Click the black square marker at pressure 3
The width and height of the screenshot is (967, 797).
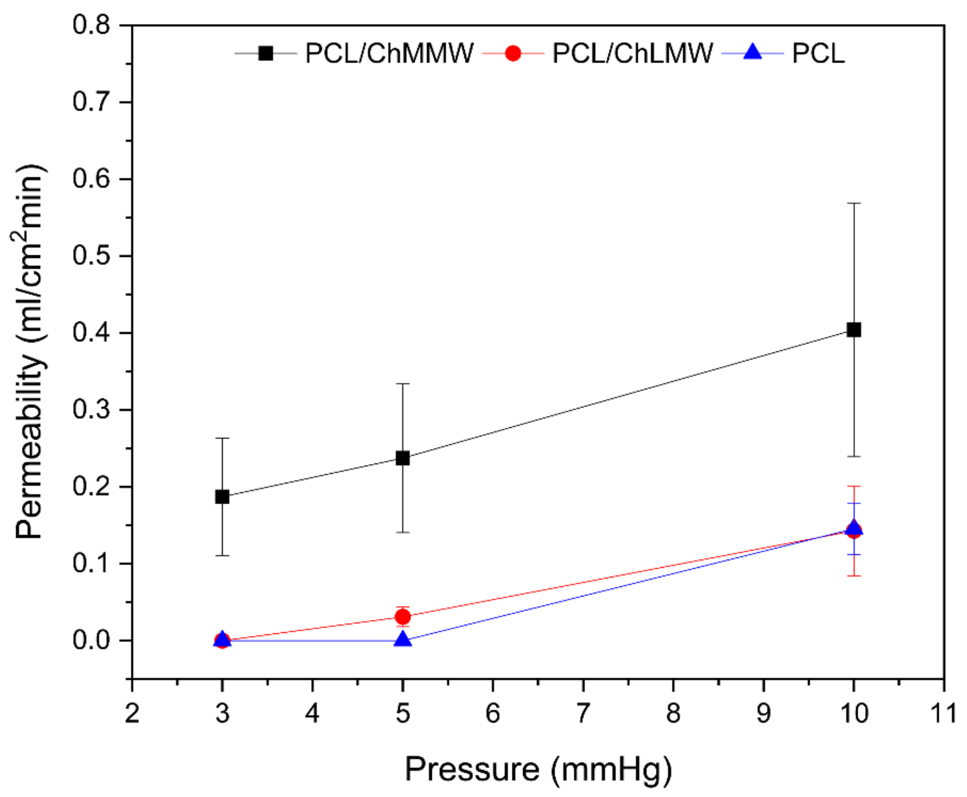(222, 497)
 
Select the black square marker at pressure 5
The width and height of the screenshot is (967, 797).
(402, 458)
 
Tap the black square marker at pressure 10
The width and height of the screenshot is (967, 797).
(853, 330)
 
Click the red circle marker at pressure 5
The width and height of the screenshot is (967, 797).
(402, 617)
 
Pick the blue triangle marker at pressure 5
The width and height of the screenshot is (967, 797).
(402, 639)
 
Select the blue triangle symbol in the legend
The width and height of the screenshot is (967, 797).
(752, 52)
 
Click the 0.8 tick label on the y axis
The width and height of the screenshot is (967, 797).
(91, 25)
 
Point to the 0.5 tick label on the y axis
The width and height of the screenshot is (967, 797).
(91, 256)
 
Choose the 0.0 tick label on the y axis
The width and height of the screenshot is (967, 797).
(91, 640)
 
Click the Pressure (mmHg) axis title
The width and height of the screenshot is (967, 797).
(538, 769)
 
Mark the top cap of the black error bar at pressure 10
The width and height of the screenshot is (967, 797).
(853, 203)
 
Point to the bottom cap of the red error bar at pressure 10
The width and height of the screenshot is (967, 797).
(853, 576)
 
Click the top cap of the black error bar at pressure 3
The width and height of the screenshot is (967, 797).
(222, 439)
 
